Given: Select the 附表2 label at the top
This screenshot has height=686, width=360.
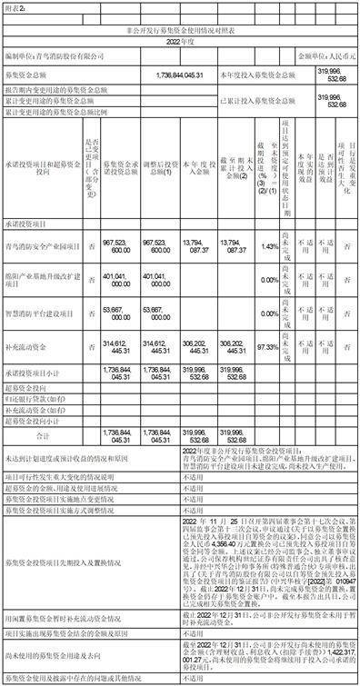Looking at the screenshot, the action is (x=19, y=7).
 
